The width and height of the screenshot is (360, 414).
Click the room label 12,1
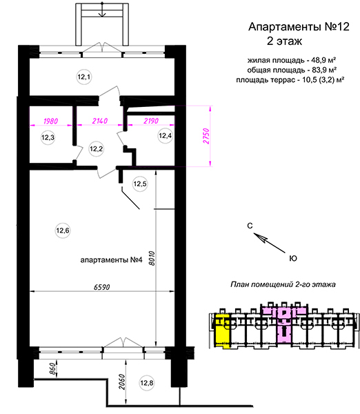pyautogui.click(x=84, y=77)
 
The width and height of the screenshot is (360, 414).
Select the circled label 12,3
pyautogui.click(x=48, y=137)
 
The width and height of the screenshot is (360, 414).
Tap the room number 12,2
pyautogui.click(x=96, y=149)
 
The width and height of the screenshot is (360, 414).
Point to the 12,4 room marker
pyautogui.click(x=166, y=136)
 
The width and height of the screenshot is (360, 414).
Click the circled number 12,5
pyautogui.click(x=140, y=184)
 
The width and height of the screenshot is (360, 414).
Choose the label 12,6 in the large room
pyautogui.click(x=63, y=230)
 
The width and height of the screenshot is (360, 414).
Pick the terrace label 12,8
pyautogui.click(x=147, y=382)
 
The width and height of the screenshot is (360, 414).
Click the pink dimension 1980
pyautogui.click(x=50, y=121)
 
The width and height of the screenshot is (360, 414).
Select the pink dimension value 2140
pyautogui.click(x=100, y=121)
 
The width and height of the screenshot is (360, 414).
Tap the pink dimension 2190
pyautogui.click(x=151, y=121)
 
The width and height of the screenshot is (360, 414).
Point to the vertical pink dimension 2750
pyautogui.click(x=206, y=136)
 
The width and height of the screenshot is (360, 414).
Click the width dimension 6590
pyautogui.click(x=102, y=287)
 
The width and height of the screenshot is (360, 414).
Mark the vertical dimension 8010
pyautogui.click(x=152, y=258)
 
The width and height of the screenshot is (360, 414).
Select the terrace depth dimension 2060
pyautogui.click(x=121, y=382)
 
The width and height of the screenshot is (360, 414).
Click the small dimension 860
pyautogui.click(x=53, y=369)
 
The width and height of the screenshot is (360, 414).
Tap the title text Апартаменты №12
pyautogui.click(x=299, y=27)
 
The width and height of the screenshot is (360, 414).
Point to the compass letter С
pyautogui.click(x=250, y=226)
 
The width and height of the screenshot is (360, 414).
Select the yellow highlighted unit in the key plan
pyautogui.click(x=222, y=332)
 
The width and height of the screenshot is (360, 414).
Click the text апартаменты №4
pyautogui.click(x=111, y=260)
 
